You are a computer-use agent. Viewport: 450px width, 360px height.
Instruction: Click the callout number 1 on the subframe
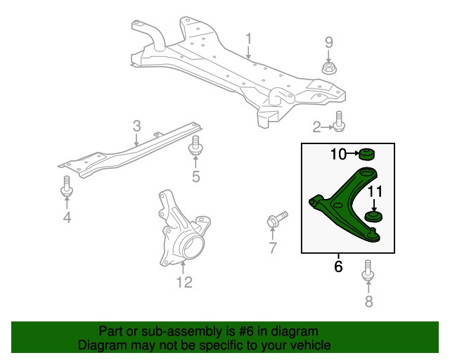click(x=247, y=37)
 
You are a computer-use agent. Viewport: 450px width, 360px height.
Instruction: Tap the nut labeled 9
click(x=328, y=68)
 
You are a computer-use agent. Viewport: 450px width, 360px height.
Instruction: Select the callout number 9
click(x=328, y=42)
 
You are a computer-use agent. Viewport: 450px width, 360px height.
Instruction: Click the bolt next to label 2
click(x=339, y=122)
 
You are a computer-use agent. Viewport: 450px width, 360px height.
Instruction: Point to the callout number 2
click(x=317, y=127)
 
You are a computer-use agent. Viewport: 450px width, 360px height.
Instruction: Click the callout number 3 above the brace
click(x=136, y=127)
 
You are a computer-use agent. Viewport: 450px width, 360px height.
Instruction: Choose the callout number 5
click(x=196, y=177)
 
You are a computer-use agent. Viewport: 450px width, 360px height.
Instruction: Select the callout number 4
click(x=67, y=218)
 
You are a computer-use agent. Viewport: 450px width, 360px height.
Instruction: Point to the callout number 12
click(x=184, y=283)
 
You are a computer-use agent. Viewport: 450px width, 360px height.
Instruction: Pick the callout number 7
click(x=272, y=247)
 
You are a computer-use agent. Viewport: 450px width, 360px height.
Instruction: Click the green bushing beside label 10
click(x=366, y=153)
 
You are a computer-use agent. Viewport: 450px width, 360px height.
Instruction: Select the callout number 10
click(x=338, y=154)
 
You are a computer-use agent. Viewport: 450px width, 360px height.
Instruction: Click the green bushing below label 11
click(x=375, y=216)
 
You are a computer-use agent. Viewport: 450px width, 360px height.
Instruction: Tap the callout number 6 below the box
click(x=338, y=267)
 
